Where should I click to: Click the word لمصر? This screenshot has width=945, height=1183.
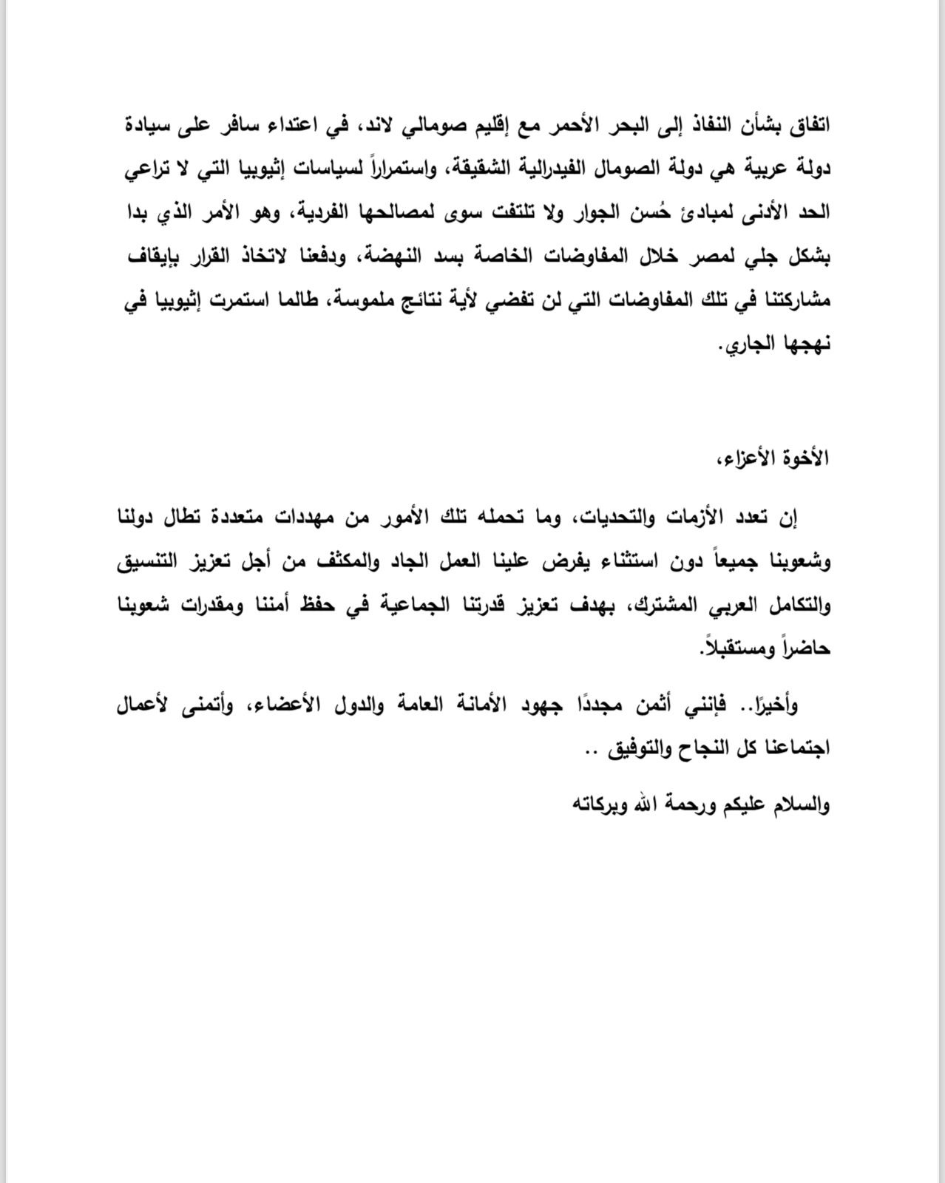[694, 257]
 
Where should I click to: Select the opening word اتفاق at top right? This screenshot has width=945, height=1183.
[809, 125]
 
